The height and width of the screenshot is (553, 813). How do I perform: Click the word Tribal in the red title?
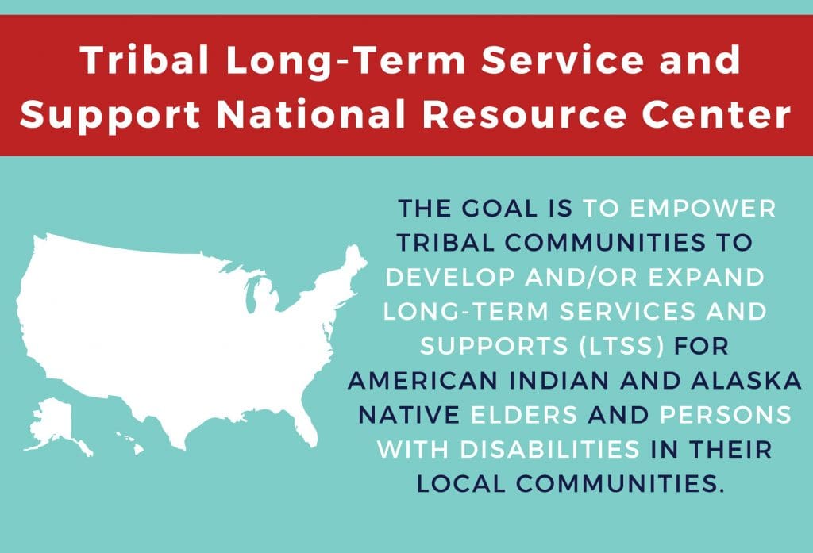(x=144, y=60)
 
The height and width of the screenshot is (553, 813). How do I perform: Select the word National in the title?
(x=310, y=114)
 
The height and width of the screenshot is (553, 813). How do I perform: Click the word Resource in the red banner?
(x=524, y=114)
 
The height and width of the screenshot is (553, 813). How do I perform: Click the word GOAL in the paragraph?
(x=500, y=209)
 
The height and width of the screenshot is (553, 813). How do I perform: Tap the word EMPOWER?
(x=703, y=209)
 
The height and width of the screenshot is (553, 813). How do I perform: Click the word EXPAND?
(x=706, y=277)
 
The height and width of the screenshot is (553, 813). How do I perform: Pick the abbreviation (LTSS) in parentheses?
(x=622, y=346)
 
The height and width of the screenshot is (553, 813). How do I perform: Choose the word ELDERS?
(x=524, y=415)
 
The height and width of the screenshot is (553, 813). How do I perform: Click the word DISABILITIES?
(x=549, y=449)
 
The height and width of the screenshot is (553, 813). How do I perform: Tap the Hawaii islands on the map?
(x=130, y=444)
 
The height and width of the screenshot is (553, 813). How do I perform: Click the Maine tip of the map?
(x=355, y=259)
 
